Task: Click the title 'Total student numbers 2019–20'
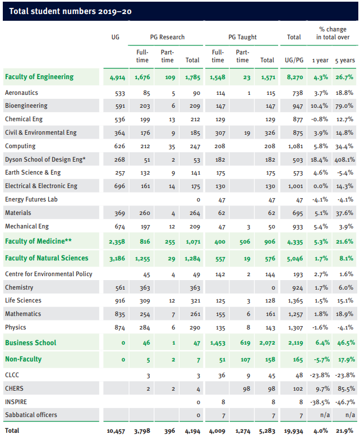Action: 70,11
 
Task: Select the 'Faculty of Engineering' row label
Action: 39,77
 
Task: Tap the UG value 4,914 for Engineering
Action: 118,77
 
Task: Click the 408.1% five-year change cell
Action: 344,159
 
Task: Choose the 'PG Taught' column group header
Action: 242,37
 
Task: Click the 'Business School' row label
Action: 30,342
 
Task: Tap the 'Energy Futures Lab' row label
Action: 31,199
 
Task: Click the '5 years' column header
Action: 344,60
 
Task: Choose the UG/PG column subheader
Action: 294,60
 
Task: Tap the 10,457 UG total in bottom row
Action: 116,431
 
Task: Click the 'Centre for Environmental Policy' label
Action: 49,274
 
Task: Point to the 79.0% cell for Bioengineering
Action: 344,106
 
